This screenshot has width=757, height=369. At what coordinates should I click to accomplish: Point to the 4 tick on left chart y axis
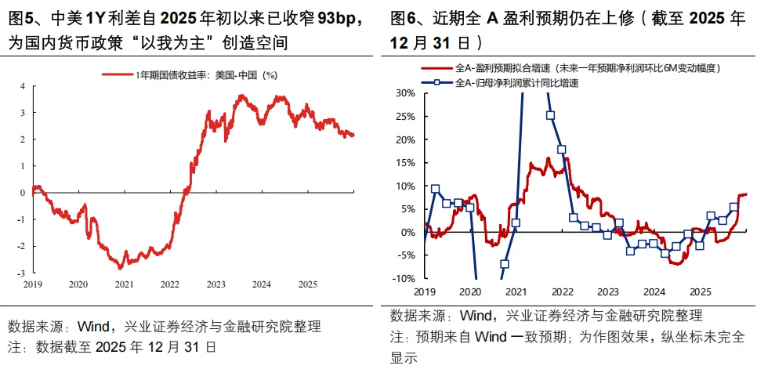pos(22,86)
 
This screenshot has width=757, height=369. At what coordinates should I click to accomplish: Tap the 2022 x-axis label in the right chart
pos(560,291)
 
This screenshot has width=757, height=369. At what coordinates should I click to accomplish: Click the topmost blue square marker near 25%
pos(551,115)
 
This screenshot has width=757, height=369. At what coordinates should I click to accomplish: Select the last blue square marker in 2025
pos(733,208)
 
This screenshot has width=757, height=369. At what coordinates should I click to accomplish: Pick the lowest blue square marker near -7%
pos(505,264)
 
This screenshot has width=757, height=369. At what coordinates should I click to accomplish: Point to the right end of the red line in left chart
pos(353,135)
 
